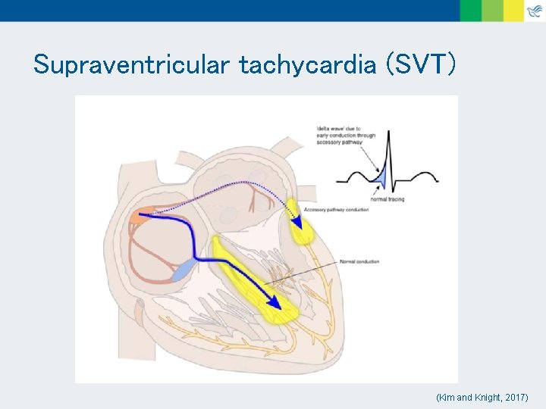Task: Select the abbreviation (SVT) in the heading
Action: [421, 65]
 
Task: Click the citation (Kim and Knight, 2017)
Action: [482, 397]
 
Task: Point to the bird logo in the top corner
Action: [535, 10]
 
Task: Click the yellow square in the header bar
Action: [514, 10]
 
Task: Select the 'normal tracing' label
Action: [387, 199]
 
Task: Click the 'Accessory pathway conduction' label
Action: [335, 210]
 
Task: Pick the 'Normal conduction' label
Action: [359, 261]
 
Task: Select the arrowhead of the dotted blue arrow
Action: [299, 222]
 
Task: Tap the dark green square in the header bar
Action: [470, 10]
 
